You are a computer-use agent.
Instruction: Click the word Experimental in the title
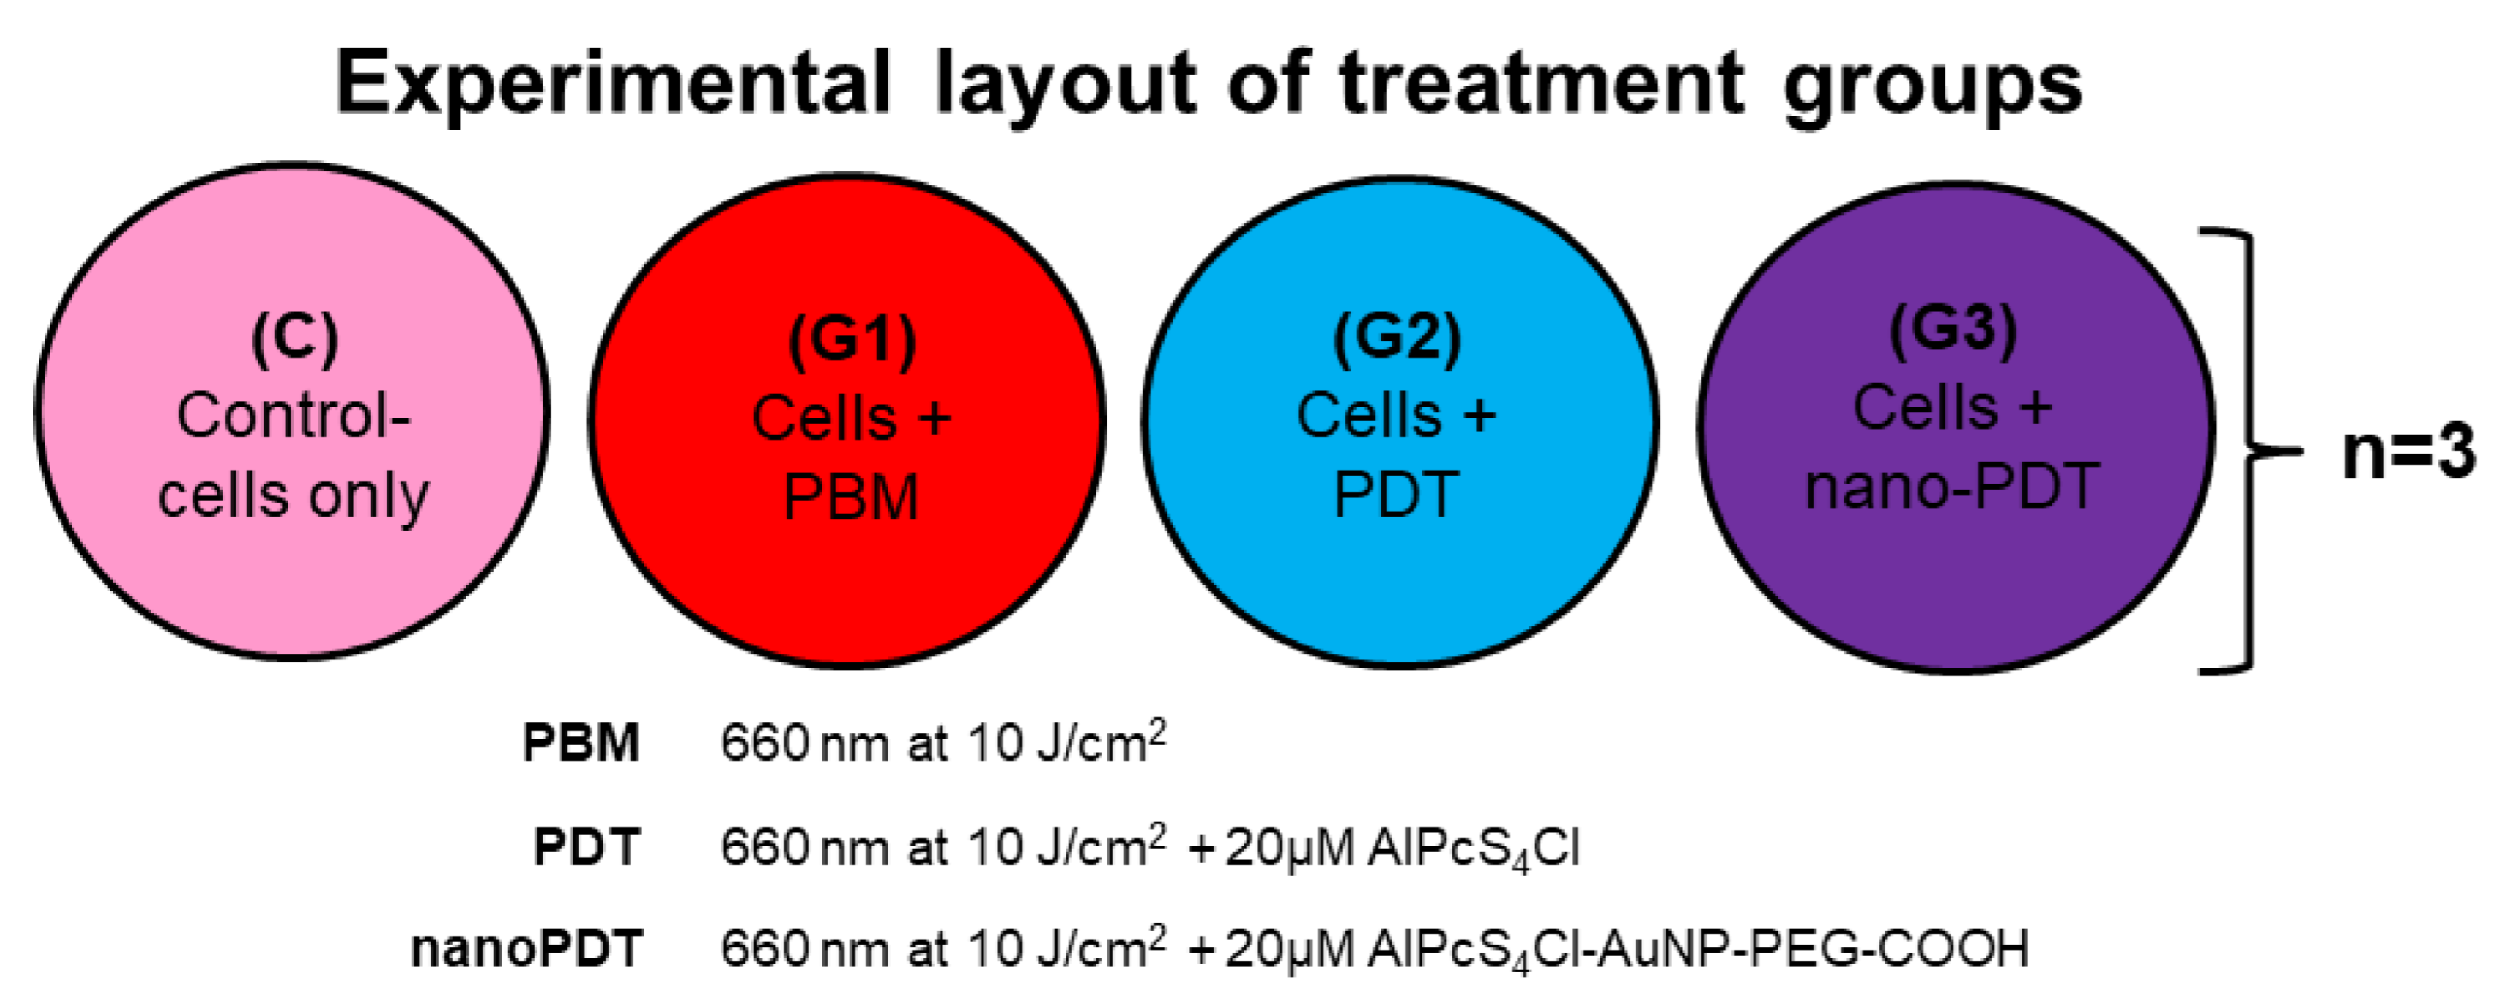click(x=612, y=86)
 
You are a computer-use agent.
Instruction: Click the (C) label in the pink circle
click(x=294, y=339)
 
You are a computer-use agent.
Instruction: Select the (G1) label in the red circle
click(x=852, y=341)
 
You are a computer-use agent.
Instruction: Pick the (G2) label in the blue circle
click(x=1397, y=338)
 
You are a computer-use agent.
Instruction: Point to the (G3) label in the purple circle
click(x=1953, y=329)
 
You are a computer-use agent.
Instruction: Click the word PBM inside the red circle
click(x=851, y=499)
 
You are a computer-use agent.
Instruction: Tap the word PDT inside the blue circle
click(x=1396, y=495)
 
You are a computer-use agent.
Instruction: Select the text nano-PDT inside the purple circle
click(x=1952, y=486)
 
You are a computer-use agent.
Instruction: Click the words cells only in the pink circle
click(x=293, y=496)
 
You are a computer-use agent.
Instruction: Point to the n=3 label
click(x=2408, y=452)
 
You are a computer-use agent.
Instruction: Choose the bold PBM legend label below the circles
click(x=582, y=744)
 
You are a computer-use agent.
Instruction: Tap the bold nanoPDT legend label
click(x=528, y=949)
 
